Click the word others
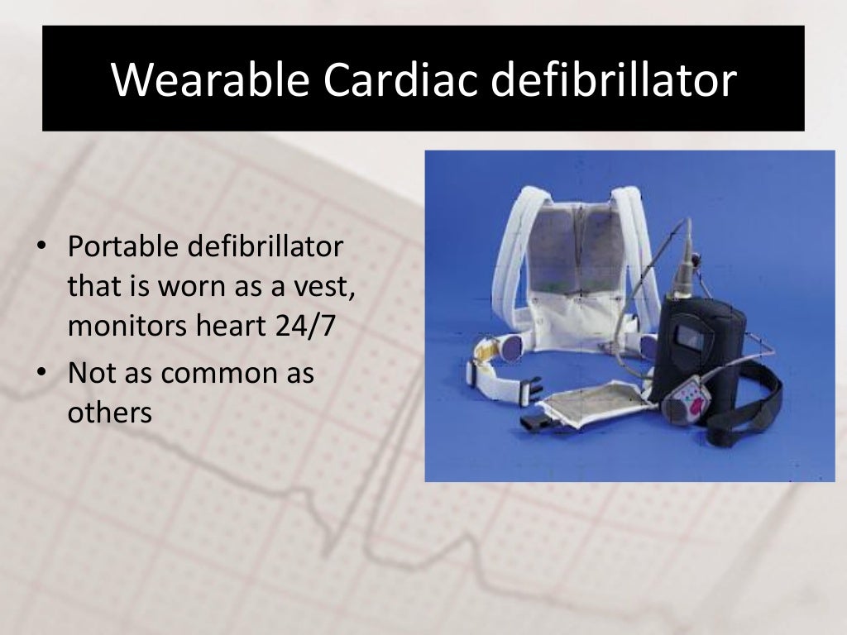[110, 412]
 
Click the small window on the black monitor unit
[690, 337]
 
